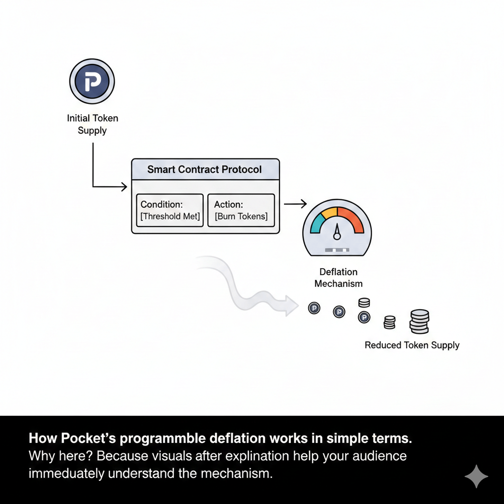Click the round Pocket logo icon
tap(92, 82)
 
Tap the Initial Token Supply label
tap(93, 124)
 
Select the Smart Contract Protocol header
tap(205, 169)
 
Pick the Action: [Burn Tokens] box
tap(241, 210)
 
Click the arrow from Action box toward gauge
tap(296, 203)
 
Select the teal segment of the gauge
tap(317, 221)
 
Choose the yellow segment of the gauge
tap(330, 212)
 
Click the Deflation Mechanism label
tap(338, 278)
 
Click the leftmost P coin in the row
tap(314, 308)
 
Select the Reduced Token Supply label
tap(412, 345)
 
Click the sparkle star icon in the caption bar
tap(476, 476)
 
